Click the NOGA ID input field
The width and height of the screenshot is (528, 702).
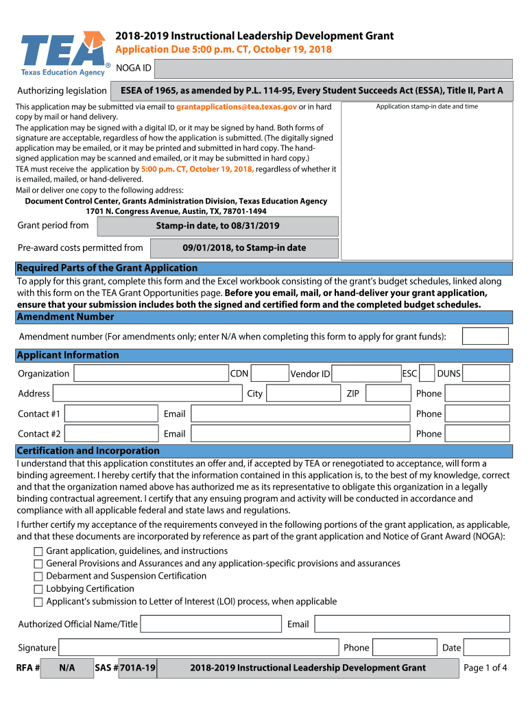(x=333, y=69)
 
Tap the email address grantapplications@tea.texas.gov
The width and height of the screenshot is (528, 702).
(x=236, y=107)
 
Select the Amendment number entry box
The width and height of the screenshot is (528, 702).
(x=485, y=336)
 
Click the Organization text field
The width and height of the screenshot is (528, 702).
(x=151, y=374)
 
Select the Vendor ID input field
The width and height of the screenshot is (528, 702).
(x=366, y=374)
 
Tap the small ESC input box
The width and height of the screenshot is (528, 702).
(x=427, y=374)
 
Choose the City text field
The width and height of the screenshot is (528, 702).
(x=303, y=394)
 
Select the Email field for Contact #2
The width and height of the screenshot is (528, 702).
(x=300, y=433)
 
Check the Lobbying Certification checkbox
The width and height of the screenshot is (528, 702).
(x=38, y=589)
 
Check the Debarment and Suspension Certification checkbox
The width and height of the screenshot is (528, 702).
(x=38, y=577)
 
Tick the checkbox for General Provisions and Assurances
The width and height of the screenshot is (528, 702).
(x=38, y=564)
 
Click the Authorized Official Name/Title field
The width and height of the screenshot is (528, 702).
(x=211, y=624)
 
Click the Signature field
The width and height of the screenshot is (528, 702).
(x=199, y=648)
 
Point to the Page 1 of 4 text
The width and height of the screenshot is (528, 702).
(x=485, y=668)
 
